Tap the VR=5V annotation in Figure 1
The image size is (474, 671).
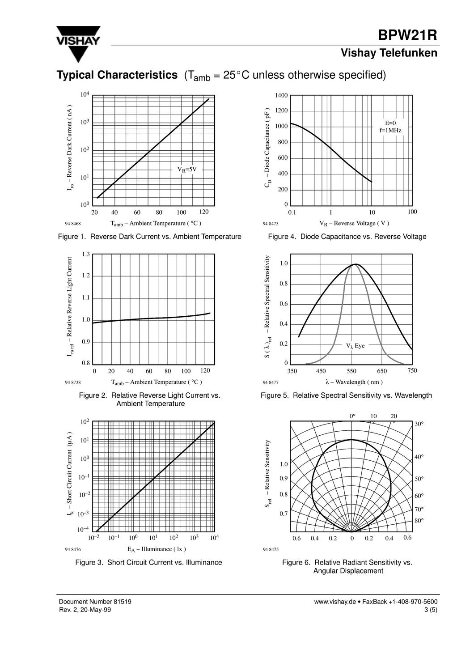click(187, 170)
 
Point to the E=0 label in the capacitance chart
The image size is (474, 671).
click(390, 123)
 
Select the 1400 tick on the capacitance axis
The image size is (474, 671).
click(282, 95)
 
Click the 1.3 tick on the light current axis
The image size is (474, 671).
click(86, 254)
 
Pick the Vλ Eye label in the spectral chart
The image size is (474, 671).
click(355, 346)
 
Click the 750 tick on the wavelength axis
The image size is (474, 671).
click(412, 370)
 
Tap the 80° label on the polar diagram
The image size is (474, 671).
click(419, 520)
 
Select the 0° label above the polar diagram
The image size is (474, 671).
click(352, 416)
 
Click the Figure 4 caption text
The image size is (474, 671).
click(347, 237)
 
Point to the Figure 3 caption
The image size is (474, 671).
click(149, 562)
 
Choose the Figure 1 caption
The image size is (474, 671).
click(150, 237)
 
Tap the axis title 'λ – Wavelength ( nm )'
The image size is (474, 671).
click(354, 382)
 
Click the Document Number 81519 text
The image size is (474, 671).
click(95, 602)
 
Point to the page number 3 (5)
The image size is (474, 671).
click(430, 610)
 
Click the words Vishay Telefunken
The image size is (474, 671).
click(389, 53)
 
